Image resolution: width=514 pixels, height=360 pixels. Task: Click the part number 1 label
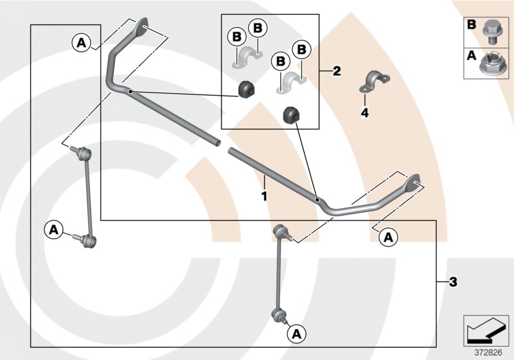(x=263, y=193)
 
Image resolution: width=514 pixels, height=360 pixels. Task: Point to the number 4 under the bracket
(x=364, y=113)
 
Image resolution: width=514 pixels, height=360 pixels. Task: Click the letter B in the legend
(x=472, y=24)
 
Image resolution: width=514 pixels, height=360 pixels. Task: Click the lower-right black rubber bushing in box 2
(x=292, y=116)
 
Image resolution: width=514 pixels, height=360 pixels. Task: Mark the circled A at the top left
(x=81, y=42)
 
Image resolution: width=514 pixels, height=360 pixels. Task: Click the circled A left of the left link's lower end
(x=53, y=228)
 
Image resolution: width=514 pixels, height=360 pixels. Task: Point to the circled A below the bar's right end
(x=388, y=237)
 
